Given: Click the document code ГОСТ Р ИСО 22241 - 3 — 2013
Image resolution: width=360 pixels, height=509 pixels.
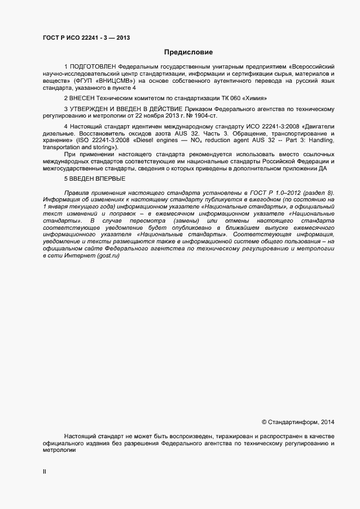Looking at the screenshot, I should [x=86, y=38].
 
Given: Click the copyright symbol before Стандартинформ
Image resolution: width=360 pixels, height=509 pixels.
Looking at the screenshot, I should [x=264, y=422].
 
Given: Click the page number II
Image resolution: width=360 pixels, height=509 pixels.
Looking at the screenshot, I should [x=45, y=472].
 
